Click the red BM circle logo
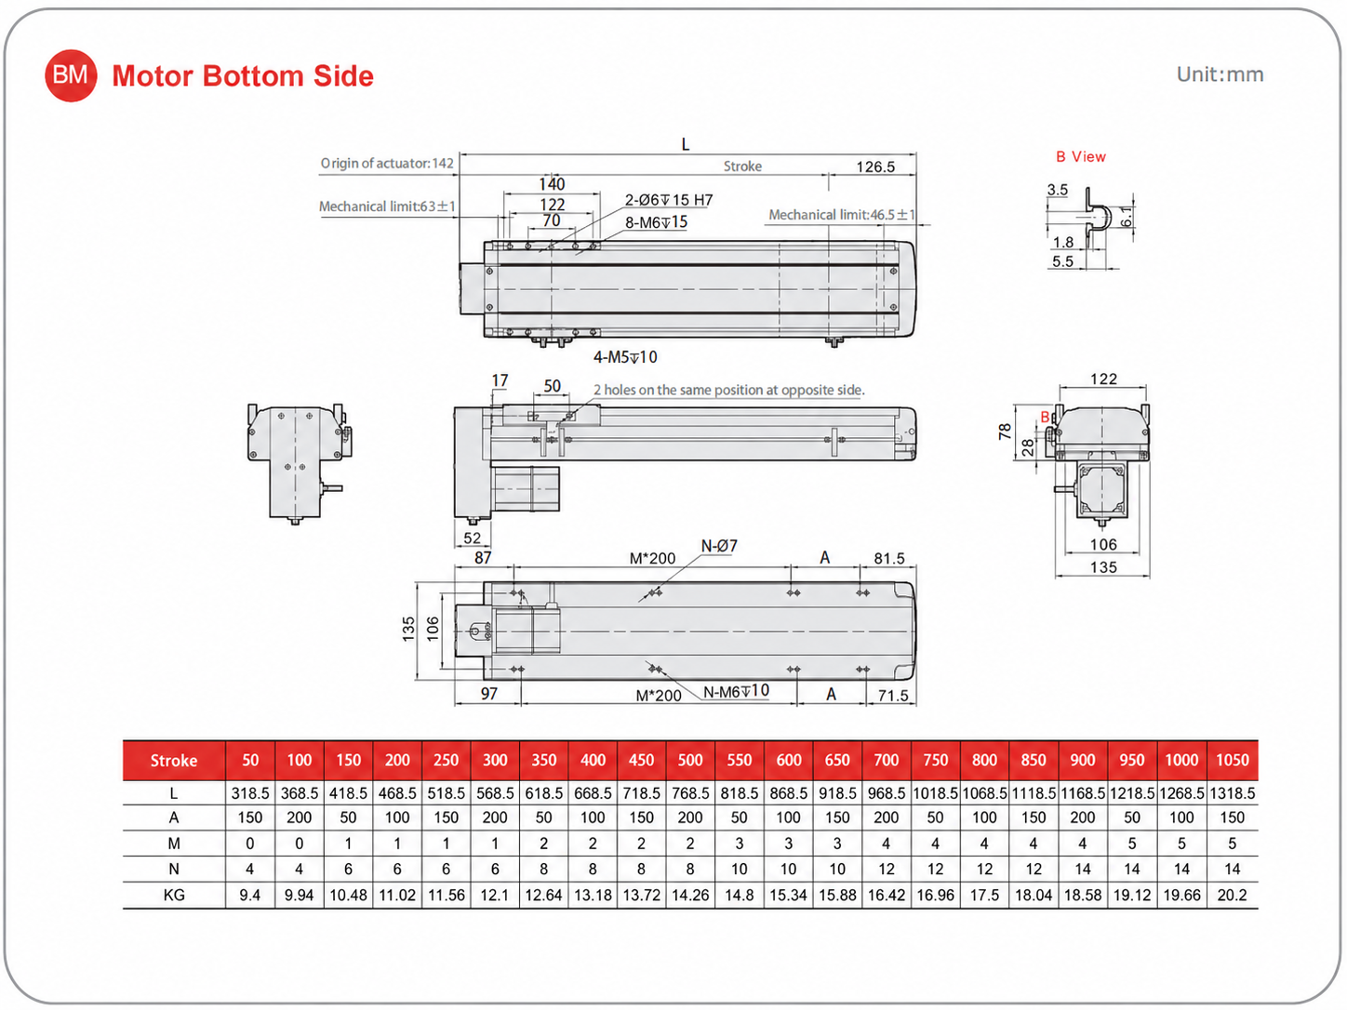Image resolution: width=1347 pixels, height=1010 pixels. point(71,75)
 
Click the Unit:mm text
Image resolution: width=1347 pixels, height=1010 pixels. point(1220,74)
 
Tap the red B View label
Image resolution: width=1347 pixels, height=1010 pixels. point(1081,156)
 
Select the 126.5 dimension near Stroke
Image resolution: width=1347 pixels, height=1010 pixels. point(875,166)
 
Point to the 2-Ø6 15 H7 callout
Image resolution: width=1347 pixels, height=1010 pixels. point(668,200)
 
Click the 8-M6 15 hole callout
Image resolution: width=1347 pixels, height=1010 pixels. point(656,222)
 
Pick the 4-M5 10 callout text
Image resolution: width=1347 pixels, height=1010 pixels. point(625,357)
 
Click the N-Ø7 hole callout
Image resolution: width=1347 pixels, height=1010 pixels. point(718,546)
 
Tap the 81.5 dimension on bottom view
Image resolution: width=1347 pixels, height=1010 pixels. point(889,559)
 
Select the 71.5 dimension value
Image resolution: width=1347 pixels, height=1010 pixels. point(893,696)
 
